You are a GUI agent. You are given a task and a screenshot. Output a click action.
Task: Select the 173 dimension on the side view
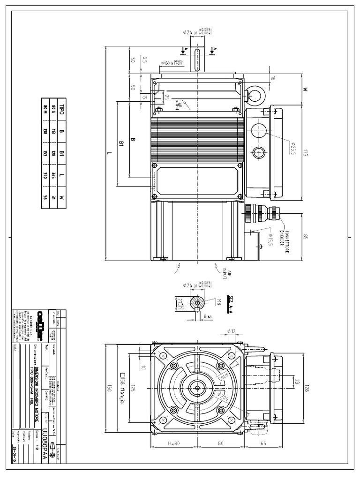[305, 153]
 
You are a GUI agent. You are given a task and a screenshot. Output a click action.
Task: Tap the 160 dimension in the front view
[109, 389]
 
